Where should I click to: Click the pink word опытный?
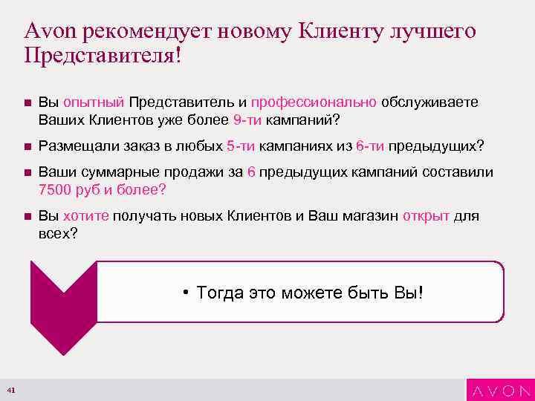coord(94,102)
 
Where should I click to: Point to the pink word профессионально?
coord(314,102)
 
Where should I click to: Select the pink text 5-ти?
coord(241,146)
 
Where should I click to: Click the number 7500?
coord(55,189)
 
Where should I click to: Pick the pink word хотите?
coord(86,216)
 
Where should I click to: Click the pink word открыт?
coord(426,216)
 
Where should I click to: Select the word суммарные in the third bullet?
coord(107,173)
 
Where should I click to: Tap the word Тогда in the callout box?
coord(220,293)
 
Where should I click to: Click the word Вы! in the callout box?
coord(408,293)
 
